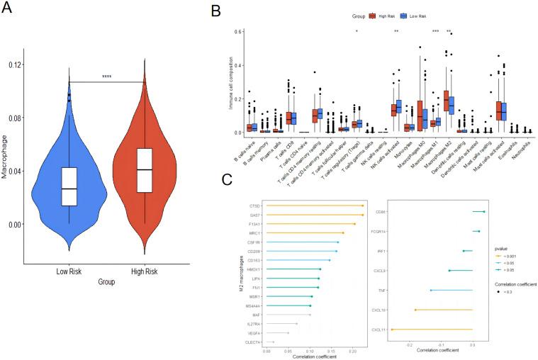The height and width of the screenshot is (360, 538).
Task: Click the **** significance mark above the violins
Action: point(107,77)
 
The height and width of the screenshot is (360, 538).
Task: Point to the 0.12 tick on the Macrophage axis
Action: point(15,64)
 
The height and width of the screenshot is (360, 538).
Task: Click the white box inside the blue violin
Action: point(69,186)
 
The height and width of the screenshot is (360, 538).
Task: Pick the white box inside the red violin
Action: point(145,170)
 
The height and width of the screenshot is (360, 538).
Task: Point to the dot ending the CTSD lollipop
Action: point(362,206)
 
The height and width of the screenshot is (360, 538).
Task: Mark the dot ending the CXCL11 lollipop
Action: point(391,329)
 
